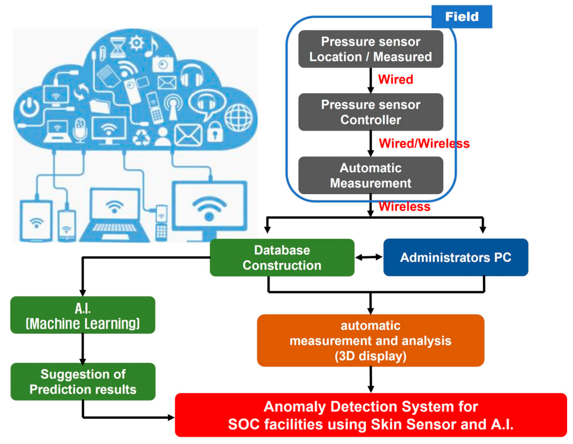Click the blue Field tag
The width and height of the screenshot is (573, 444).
click(462, 17)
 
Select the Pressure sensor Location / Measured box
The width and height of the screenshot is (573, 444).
click(371, 49)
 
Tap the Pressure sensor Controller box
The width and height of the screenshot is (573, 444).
click(371, 112)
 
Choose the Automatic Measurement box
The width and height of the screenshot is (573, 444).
click(371, 176)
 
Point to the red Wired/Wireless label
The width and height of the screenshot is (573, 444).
click(424, 143)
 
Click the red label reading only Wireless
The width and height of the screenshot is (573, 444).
click(405, 206)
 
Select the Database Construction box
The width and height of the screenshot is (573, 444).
click(282, 258)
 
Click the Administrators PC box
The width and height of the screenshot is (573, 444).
click(456, 257)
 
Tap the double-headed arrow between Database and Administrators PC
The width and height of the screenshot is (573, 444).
click(369, 257)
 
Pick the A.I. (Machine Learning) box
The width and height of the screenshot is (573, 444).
click(83, 315)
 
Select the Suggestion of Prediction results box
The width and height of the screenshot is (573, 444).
click(83, 382)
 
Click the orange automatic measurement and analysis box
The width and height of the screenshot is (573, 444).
click(371, 341)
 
